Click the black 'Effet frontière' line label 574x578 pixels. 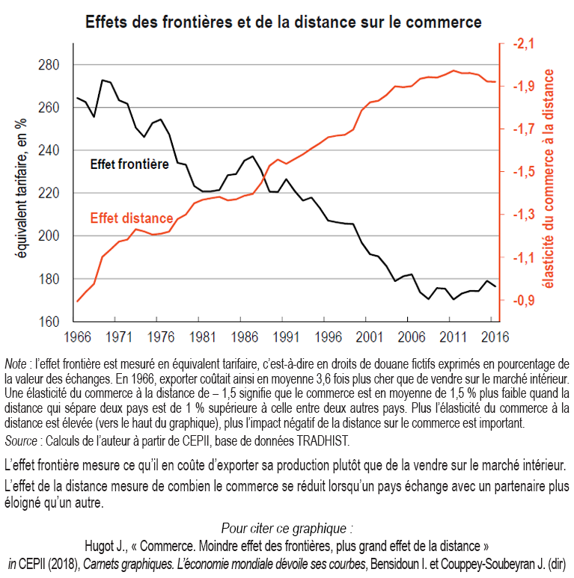tap(129, 164)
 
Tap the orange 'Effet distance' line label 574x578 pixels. tap(132, 219)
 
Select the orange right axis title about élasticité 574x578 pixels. tap(552, 179)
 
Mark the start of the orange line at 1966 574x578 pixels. tap(78, 301)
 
